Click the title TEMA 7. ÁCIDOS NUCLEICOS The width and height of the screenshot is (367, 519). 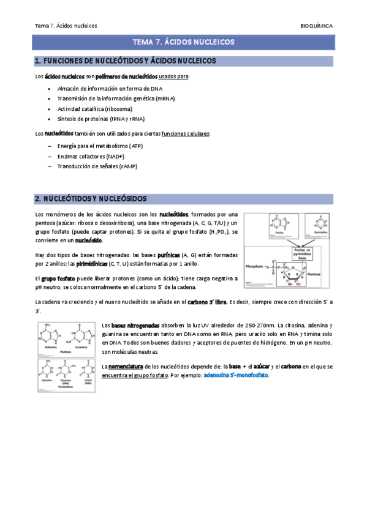[183, 42]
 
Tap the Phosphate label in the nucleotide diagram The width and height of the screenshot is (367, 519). [254, 267]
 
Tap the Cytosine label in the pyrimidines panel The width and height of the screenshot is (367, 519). [46, 379]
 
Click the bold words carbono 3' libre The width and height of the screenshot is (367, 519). [206, 302]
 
